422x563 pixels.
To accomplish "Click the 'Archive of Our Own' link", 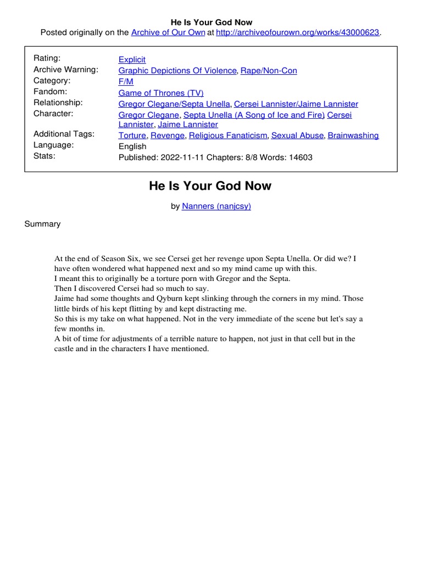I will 168,32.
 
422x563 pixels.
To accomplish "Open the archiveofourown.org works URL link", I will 298,32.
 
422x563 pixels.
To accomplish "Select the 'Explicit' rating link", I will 132,59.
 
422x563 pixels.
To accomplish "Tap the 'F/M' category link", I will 126,81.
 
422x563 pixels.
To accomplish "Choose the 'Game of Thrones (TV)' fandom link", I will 161,93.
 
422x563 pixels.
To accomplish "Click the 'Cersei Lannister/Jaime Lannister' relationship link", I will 296,104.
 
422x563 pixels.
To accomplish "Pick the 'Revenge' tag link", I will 168,135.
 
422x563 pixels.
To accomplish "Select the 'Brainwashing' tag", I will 353,135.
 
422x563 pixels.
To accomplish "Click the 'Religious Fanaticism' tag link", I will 228,135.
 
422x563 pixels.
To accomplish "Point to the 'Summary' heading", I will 42,224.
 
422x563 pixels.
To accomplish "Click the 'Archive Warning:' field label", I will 66,69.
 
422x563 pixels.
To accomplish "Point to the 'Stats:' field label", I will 45,156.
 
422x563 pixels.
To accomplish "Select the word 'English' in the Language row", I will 132,146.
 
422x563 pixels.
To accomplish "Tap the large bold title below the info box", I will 210,186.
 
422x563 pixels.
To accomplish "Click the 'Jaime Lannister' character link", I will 188,124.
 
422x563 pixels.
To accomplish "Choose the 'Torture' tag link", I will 132,135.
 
